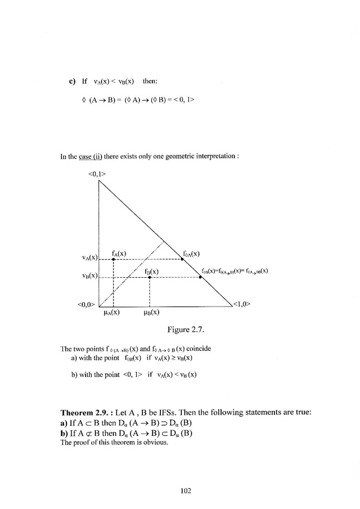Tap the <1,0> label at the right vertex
pyautogui.click(x=242, y=303)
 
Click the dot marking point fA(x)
pyautogui.click(x=114, y=259)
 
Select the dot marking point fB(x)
pyautogui.click(x=149, y=277)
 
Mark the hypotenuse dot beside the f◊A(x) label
pyautogui.click(x=181, y=259)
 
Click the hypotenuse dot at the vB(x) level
pyautogui.click(x=200, y=277)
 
